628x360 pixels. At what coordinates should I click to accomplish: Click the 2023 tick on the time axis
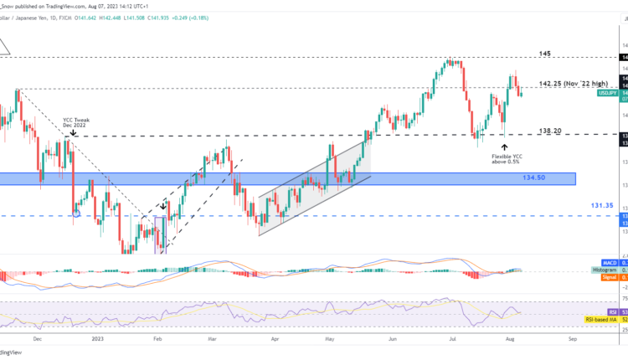point(99,340)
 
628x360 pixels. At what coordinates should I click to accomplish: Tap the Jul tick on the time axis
point(450,340)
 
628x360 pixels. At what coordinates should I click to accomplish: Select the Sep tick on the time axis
point(571,340)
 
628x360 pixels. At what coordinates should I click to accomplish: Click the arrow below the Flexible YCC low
point(503,146)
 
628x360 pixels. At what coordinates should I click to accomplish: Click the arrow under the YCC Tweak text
point(74,132)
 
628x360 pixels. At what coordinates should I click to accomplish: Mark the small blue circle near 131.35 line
point(77,213)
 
